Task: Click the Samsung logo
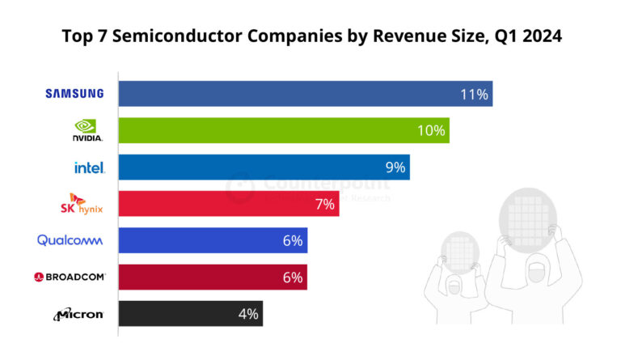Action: click(x=74, y=93)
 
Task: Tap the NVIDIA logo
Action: click(x=87, y=130)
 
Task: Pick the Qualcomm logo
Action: click(x=70, y=240)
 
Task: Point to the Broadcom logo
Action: click(x=70, y=277)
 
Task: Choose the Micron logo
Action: click(x=78, y=314)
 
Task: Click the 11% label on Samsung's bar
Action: click(x=474, y=94)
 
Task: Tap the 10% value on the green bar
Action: click(x=431, y=130)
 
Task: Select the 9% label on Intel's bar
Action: click(x=395, y=167)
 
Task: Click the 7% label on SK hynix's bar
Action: click(x=324, y=204)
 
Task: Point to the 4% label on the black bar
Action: click(x=248, y=314)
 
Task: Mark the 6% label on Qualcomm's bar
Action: click(x=292, y=240)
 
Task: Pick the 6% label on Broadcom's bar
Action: click(x=292, y=277)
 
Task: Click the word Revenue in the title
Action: click(x=385, y=37)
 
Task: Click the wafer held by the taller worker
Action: click(x=527, y=218)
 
